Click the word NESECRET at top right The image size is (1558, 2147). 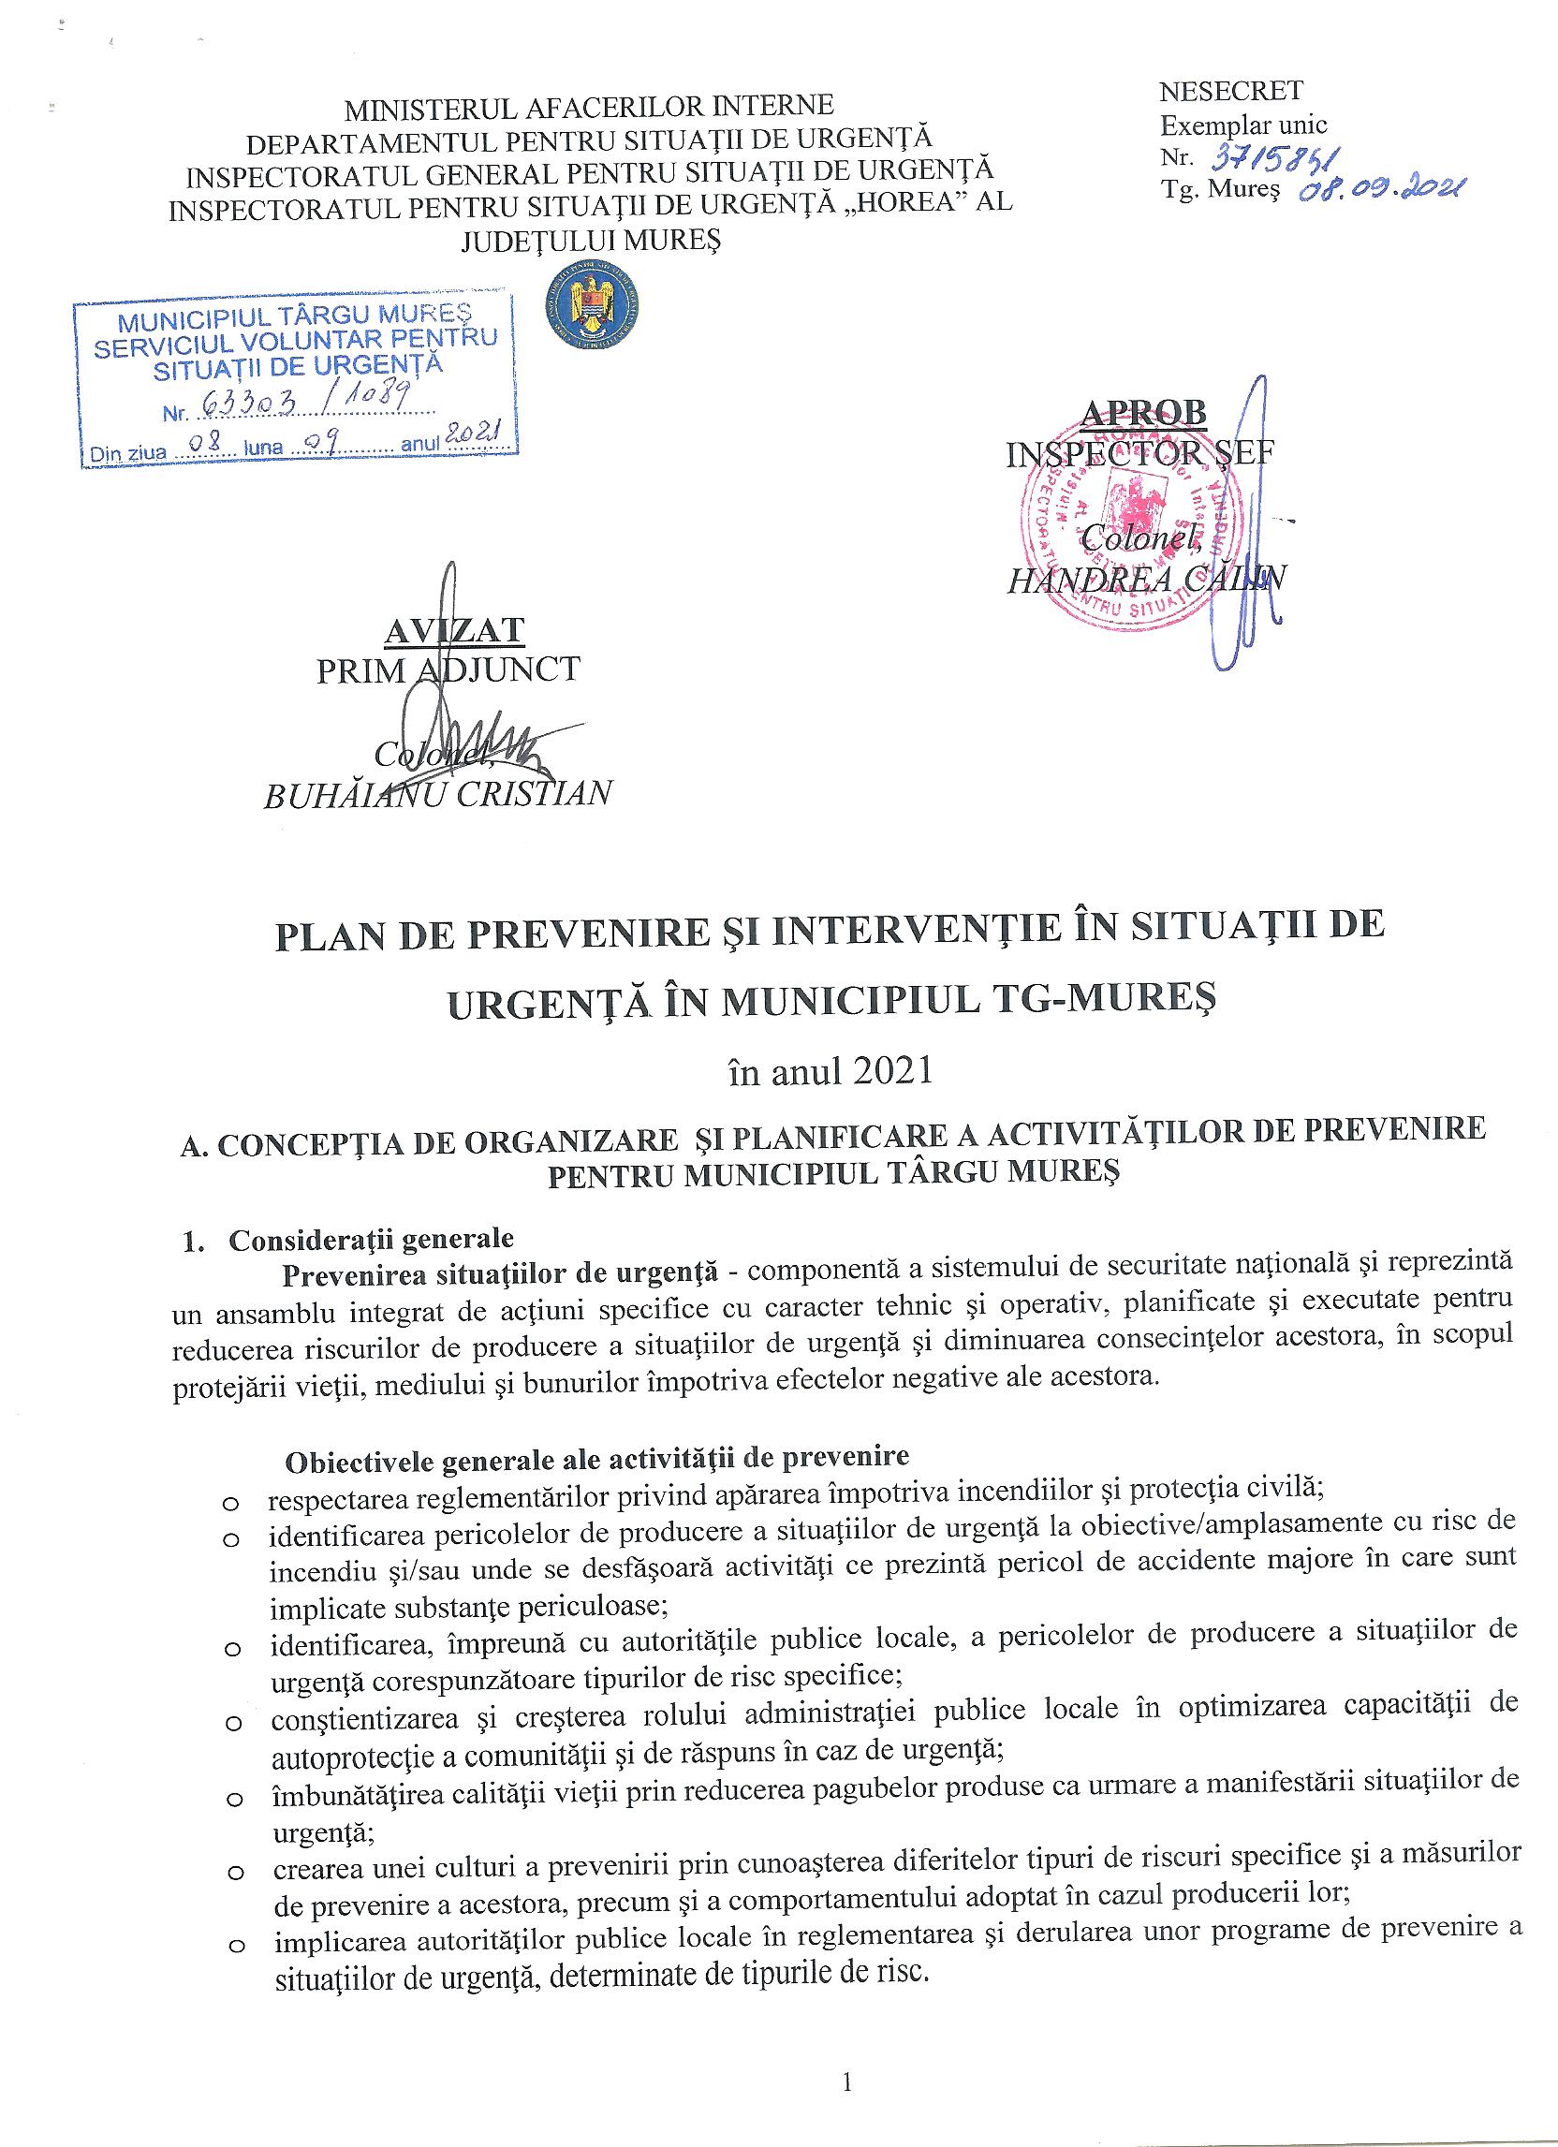coord(1231,92)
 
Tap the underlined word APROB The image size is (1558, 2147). coord(1144,413)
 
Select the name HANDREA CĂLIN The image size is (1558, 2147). coord(1146,579)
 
